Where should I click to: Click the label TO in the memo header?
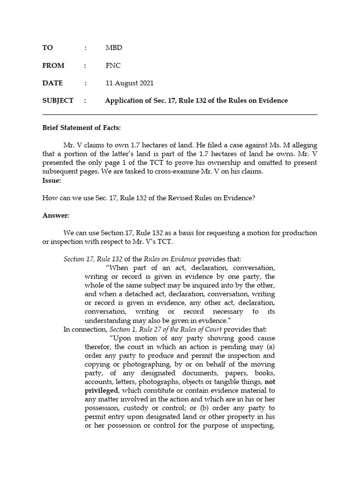[47, 48]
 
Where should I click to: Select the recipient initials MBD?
[114, 48]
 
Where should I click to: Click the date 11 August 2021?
[129, 83]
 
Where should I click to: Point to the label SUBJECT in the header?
[58, 101]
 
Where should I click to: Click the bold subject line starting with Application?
[196, 101]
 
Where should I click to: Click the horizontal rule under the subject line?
[180, 114]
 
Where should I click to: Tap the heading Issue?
[51, 180]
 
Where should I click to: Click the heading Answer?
[55, 215]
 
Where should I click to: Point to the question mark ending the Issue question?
[254, 198]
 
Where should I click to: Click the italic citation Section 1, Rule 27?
[135, 330]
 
